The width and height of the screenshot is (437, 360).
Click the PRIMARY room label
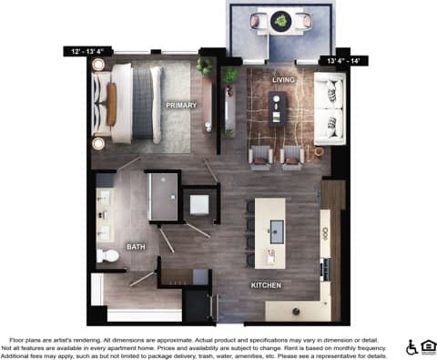(x=180, y=106)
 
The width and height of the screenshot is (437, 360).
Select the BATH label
(x=136, y=247)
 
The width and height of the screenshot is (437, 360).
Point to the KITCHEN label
(x=266, y=285)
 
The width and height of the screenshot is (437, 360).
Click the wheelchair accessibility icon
(x=412, y=346)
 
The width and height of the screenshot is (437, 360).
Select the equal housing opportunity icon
(x=428, y=346)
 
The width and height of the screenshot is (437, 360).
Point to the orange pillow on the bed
(x=112, y=103)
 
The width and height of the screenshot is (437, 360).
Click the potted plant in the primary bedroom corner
(x=204, y=67)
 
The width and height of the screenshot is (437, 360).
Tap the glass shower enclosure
(x=163, y=195)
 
